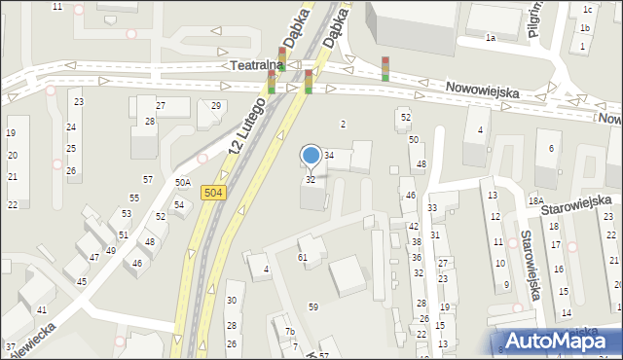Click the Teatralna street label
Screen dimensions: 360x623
click(257, 65)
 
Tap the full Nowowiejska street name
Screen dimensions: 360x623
click(482, 90)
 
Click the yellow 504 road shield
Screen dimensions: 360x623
click(216, 194)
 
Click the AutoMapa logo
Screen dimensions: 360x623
click(559, 341)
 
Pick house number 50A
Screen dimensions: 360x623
click(182, 182)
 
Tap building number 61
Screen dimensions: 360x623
click(303, 257)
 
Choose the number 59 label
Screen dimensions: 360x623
click(313, 306)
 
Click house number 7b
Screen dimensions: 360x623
click(289, 332)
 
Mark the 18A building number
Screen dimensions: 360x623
click(534, 200)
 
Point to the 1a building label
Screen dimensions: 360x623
click(491, 38)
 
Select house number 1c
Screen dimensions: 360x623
click(587, 10)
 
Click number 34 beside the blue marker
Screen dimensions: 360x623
click(329, 156)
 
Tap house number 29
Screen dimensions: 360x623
click(216, 105)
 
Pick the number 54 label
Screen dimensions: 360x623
click(179, 204)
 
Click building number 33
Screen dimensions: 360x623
click(431, 208)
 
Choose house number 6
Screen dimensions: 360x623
click(551, 148)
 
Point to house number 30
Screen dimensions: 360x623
click(232, 300)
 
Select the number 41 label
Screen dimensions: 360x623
click(42, 309)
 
